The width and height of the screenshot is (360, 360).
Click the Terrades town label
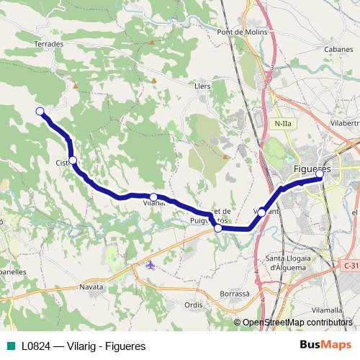coord(49,44)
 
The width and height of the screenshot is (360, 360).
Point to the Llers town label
coord(204,85)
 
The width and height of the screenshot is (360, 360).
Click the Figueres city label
coord(312,168)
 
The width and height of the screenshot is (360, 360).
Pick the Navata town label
coord(91,287)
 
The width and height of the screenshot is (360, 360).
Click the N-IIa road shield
coord(283,123)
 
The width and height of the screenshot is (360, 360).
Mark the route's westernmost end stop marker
coord(40,111)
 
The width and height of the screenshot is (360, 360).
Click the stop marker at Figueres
coord(319,174)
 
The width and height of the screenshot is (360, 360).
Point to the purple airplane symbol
coord(150,265)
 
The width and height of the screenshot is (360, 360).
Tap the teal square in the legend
coord(12,346)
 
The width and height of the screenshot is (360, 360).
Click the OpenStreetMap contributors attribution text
coord(297,323)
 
